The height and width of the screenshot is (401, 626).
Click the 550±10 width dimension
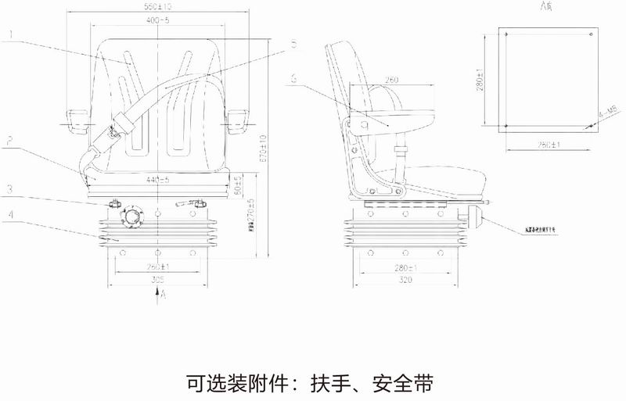(158, 7)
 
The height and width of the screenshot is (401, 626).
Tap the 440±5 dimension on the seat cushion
(159, 181)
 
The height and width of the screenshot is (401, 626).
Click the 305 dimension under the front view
(159, 279)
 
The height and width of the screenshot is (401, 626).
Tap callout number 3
(9, 188)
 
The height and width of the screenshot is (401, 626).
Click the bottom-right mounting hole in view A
(588, 125)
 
